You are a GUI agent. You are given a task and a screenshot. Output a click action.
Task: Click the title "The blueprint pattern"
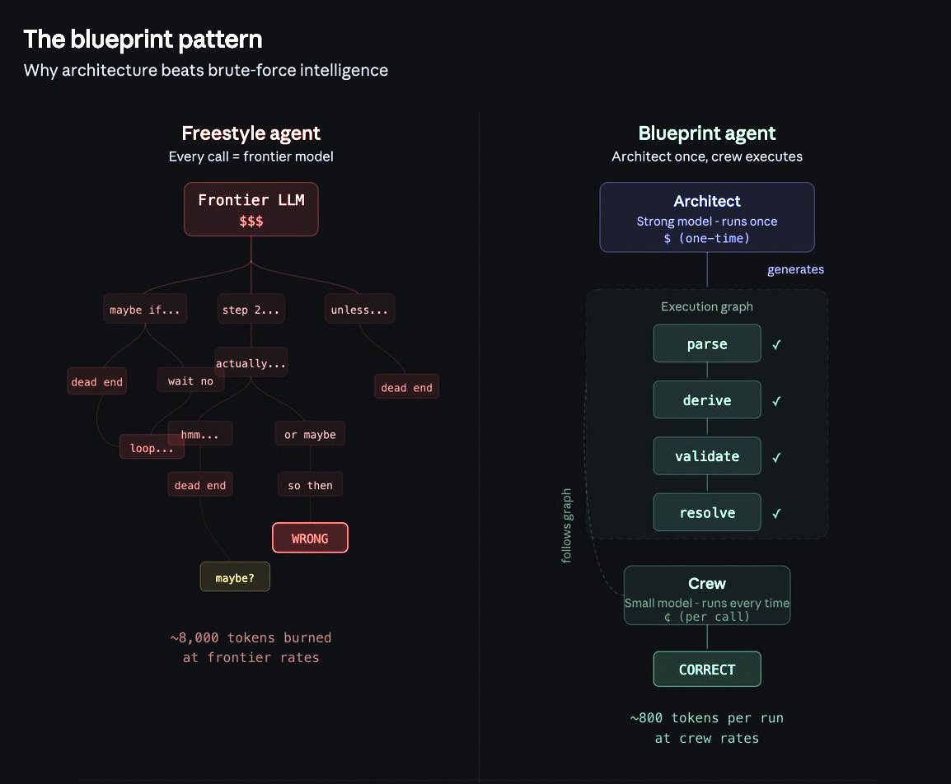(143, 39)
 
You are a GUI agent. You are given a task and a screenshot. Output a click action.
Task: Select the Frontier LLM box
(251, 209)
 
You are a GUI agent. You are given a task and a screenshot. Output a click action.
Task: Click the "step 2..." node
(251, 310)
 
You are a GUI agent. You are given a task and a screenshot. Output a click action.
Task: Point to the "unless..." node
(358, 310)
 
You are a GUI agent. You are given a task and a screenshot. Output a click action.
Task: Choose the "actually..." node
(251, 363)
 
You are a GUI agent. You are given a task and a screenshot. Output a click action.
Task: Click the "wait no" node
(190, 380)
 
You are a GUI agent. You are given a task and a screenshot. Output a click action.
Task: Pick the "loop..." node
(152, 448)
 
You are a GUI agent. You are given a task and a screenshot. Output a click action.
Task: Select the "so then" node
(310, 485)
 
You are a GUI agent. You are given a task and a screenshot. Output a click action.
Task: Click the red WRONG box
(310, 539)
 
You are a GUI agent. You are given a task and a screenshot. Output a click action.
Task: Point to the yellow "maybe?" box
(235, 577)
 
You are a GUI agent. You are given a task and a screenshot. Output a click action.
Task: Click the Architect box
(706, 217)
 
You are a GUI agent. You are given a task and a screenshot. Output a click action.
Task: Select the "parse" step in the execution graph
(706, 343)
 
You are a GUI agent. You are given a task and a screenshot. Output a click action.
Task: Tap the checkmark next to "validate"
(776, 457)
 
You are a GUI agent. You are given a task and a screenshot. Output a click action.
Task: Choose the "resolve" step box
(706, 512)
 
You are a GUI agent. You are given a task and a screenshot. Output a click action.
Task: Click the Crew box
(706, 595)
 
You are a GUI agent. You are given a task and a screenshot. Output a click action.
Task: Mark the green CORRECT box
(706, 670)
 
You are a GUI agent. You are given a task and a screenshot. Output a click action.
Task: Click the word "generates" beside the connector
(795, 269)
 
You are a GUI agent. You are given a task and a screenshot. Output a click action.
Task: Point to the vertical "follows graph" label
(567, 525)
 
